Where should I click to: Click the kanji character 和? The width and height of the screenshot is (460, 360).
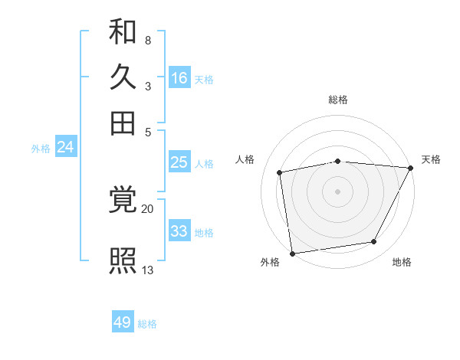[123, 33]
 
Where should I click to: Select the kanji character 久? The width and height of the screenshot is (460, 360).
[123, 77]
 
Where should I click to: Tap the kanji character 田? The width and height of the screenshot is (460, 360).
[123, 123]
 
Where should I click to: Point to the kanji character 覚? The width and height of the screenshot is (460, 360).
[123, 201]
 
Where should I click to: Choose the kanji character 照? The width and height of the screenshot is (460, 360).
[123, 260]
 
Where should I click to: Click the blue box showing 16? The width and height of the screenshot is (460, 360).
[179, 78]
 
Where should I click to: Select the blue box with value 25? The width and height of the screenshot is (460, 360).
[179, 162]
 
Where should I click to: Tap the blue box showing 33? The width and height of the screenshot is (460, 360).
[179, 231]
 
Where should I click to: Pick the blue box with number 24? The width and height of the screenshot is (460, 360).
[65, 148]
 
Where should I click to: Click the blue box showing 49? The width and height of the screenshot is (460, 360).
[123, 322]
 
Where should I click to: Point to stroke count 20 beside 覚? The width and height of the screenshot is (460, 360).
[147, 208]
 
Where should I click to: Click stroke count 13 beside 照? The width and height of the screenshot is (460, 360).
[148, 270]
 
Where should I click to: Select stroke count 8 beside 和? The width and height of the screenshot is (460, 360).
[147, 40]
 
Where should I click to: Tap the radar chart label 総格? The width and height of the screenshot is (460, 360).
[337, 100]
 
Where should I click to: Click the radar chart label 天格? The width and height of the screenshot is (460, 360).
[431, 159]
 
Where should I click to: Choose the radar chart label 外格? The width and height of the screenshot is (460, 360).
[270, 263]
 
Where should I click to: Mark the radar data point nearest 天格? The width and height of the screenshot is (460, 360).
[410, 168]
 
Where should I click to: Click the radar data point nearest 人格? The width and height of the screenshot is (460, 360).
[280, 172]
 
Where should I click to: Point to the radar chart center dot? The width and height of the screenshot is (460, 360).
[337, 191]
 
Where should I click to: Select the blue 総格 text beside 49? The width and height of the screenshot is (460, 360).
[147, 324]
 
